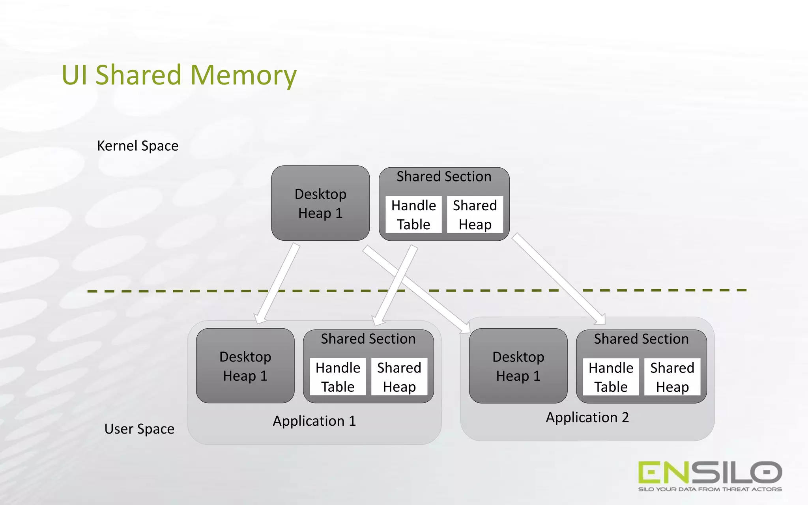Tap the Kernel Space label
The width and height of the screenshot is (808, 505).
tap(138, 146)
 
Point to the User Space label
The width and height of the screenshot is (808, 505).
tap(139, 428)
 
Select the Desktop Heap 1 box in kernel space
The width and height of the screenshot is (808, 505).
tap(320, 203)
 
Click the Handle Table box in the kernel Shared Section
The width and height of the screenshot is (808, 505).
tap(413, 215)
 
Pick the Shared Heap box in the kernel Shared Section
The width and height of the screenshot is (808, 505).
tap(475, 215)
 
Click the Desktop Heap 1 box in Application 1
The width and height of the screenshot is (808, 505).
tap(245, 366)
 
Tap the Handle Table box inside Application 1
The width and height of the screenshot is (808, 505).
tap(338, 377)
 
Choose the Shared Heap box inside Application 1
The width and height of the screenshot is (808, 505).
tap(399, 377)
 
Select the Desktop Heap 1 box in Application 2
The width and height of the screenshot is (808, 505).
tap(518, 366)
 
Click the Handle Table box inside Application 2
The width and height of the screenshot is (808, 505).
tap(611, 377)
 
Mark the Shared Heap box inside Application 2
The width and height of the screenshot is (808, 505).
tap(672, 377)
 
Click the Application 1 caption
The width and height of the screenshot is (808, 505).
tap(314, 421)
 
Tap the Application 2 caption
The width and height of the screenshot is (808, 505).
tap(587, 417)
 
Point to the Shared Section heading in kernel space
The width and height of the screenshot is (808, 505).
tap(444, 176)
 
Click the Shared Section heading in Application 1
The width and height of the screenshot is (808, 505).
tap(368, 339)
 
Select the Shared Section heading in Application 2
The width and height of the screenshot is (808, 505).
tap(641, 339)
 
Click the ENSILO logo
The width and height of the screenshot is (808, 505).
tap(710, 472)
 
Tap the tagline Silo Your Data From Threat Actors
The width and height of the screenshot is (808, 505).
tap(710, 489)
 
